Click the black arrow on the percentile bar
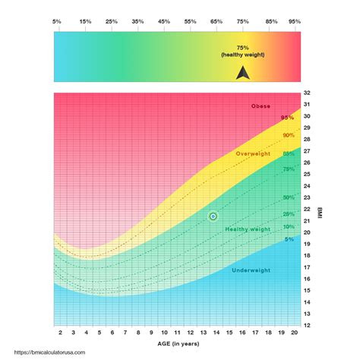pos(242,73)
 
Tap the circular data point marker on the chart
pos(213,216)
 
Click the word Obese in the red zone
pos(261,106)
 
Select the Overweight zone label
pos(253,153)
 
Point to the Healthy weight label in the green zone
pos(248,229)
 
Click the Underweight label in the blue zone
pos(251,270)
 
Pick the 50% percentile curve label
pos(289,197)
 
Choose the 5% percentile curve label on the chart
pos(289,239)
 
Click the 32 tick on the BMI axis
pos(307,93)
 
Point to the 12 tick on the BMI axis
pos(307,325)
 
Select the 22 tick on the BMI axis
pos(307,209)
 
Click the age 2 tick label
pos(59,333)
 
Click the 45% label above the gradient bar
pos(164,22)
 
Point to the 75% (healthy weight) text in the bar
pos(242,52)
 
